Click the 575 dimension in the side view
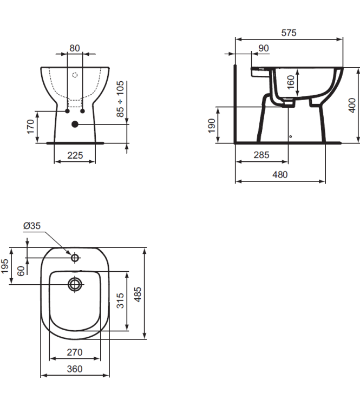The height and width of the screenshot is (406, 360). click(289, 33)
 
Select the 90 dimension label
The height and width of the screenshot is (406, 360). click(264, 48)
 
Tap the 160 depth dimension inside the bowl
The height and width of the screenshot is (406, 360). click(291, 82)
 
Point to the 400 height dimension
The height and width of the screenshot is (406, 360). click(352, 105)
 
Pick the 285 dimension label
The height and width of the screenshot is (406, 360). click(261, 155)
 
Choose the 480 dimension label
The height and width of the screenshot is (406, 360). click(280, 174)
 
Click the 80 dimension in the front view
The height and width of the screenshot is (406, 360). click(75, 48)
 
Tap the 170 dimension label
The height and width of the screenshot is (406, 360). click(31, 127)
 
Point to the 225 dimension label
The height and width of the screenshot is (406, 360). click(75, 155)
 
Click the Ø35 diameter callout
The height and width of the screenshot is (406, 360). click(32, 226)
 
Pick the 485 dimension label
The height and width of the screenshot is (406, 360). click(138, 294)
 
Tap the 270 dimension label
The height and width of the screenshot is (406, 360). click(75, 352)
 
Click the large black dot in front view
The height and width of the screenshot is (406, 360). click(75, 124)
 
